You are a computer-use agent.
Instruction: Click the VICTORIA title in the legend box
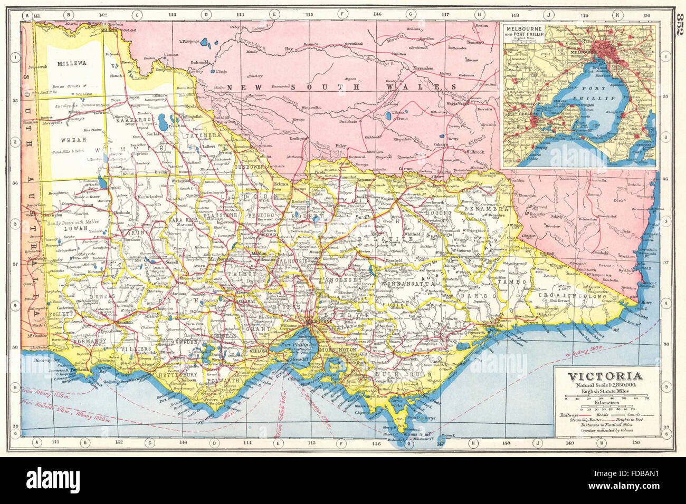pyautogui.click(x=605, y=376)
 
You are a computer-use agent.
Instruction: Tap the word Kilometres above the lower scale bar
pyautogui.click(x=605, y=402)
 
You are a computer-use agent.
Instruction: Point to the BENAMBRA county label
pyautogui.click(x=479, y=209)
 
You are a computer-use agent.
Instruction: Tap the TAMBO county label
pyautogui.click(x=509, y=282)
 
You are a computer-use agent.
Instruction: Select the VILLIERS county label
pyautogui.click(x=135, y=349)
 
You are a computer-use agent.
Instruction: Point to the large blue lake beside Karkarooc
pyautogui.click(x=163, y=121)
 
